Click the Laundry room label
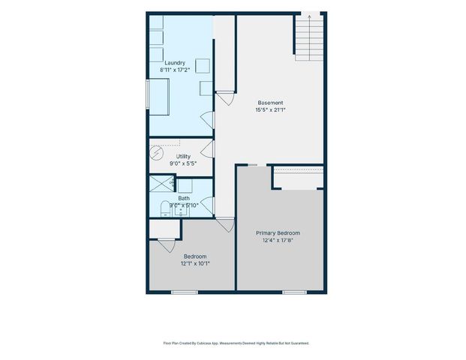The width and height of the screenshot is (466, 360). point(175,63)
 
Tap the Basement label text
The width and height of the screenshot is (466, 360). point(270,103)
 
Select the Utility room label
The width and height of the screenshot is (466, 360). point(183,157)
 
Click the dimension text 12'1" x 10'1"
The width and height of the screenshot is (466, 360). point(195,263)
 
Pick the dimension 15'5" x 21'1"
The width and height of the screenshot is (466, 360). point(270,109)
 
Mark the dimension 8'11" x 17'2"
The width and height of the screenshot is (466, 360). point(175,70)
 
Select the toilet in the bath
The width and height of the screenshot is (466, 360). point(166,208)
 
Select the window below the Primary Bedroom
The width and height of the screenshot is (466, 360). point(293,292)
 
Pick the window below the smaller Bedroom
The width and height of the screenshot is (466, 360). point(184,292)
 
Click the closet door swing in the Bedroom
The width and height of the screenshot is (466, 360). point(167,245)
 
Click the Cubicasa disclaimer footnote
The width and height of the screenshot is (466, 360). point(236,343)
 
